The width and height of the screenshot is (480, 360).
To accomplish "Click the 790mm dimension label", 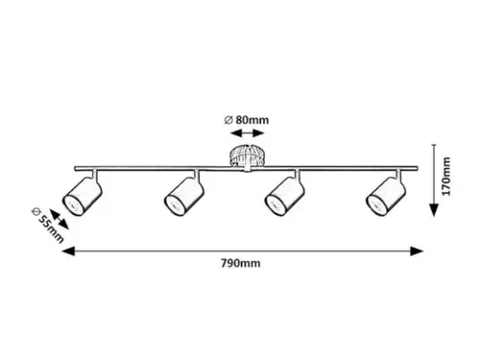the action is [x=240, y=263].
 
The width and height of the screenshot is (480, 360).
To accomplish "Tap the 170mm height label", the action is [x=445, y=177].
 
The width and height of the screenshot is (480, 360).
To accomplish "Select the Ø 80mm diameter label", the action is [x=247, y=120].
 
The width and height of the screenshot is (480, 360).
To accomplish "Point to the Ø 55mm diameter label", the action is [x=48, y=226].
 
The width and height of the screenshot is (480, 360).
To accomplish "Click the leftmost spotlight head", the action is [x=83, y=197].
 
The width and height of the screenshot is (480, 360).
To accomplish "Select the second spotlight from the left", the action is [x=184, y=197].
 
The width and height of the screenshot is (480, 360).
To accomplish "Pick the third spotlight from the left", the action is [x=284, y=197].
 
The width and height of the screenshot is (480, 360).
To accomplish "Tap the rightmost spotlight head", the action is [x=386, y=197].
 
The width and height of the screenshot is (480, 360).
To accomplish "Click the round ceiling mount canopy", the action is [x=247, y=156].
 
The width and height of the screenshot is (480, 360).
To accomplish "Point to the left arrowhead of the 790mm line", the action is [x=68, y=252].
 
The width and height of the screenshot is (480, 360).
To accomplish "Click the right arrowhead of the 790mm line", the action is [x=417, y=252].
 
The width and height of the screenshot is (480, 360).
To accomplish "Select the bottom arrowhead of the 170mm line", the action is [x=434, y=210].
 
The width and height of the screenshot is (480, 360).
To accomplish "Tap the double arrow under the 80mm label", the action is [x=247, y=133].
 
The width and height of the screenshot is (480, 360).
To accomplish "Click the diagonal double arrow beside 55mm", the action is [x=60, y=220].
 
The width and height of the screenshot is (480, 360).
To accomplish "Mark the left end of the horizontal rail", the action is [x=75, y=168].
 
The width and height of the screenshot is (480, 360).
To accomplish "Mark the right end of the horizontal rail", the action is [x=417, y=168].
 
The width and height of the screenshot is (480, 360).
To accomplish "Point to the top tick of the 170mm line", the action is [x=434, y=145].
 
